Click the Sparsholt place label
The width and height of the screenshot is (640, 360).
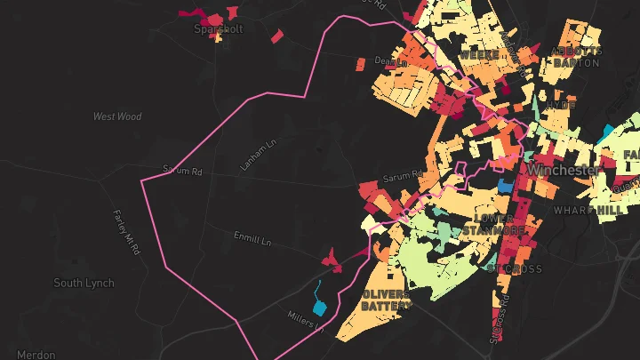coord(219,28)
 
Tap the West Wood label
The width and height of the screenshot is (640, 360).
coord(117,116)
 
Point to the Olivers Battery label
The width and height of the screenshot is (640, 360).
coord(387,300)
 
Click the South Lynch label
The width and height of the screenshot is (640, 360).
coord(84,284)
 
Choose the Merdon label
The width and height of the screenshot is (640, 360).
coord(36,354)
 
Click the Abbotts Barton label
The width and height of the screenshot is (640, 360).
coord(577,57)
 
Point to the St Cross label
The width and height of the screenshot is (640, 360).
coord(515,268)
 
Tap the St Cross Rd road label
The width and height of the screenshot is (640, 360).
coord(499,320)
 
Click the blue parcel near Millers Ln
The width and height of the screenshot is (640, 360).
coord(317,291)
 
